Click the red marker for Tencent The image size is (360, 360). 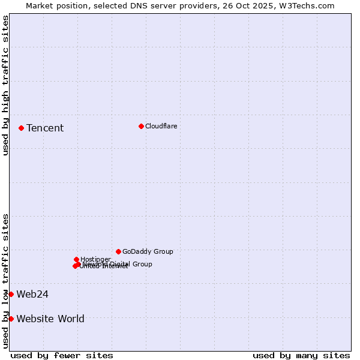coord(21,128)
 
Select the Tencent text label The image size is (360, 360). coord(45,128)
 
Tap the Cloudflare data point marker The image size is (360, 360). coord(141,126)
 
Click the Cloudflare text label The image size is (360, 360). coord(161,126)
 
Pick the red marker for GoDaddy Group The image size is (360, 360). coord(118,251)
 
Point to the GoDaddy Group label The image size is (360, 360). coord(148,251)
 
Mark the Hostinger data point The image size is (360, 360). coord(76,259)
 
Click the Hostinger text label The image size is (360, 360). coord(95,259)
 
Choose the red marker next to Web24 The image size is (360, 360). coord(11,294)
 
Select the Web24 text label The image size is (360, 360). coord(32,294)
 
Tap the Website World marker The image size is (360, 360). coord(11,319)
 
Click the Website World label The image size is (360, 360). coord(50,319)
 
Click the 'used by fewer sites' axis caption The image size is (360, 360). coord(62,355)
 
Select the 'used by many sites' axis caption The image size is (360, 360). coord(301,355)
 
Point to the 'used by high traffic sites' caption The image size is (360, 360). coord(5,85)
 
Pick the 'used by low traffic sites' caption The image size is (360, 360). coord(5,280)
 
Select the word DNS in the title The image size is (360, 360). coord(137,5)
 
